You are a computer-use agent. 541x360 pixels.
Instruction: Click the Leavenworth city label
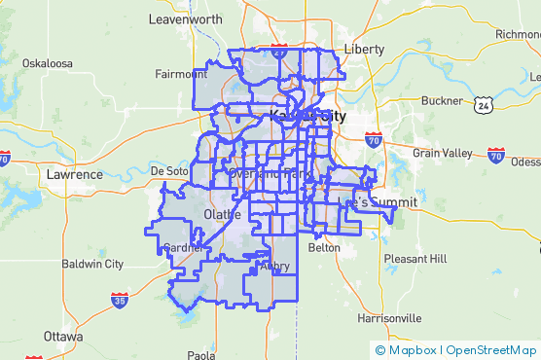tap(186, 18)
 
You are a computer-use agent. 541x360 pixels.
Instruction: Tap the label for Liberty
tap(365, 49)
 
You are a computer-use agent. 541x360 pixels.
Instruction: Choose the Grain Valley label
tap(442, 153)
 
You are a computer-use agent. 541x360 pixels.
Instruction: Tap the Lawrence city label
tap(74, 174)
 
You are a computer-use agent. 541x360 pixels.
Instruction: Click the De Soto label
tap(168, 170)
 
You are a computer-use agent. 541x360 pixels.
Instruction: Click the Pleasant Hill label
tap(415, 259)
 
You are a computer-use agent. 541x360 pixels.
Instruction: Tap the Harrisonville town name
tap(389, 318)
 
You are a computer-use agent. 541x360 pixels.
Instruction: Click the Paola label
tap(201, 355)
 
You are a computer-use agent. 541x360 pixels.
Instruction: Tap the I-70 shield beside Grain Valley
tap(496, 154)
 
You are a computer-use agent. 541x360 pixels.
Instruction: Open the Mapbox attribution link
tap(407, 349)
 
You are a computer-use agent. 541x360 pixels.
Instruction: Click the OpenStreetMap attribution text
tap(490, 349)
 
